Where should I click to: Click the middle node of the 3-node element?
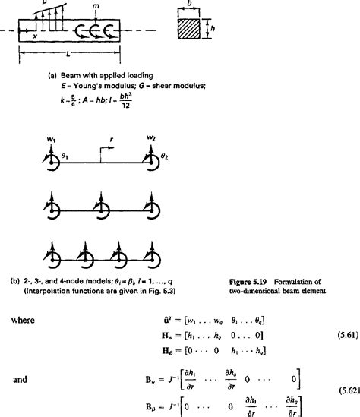(x=98, y=206)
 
